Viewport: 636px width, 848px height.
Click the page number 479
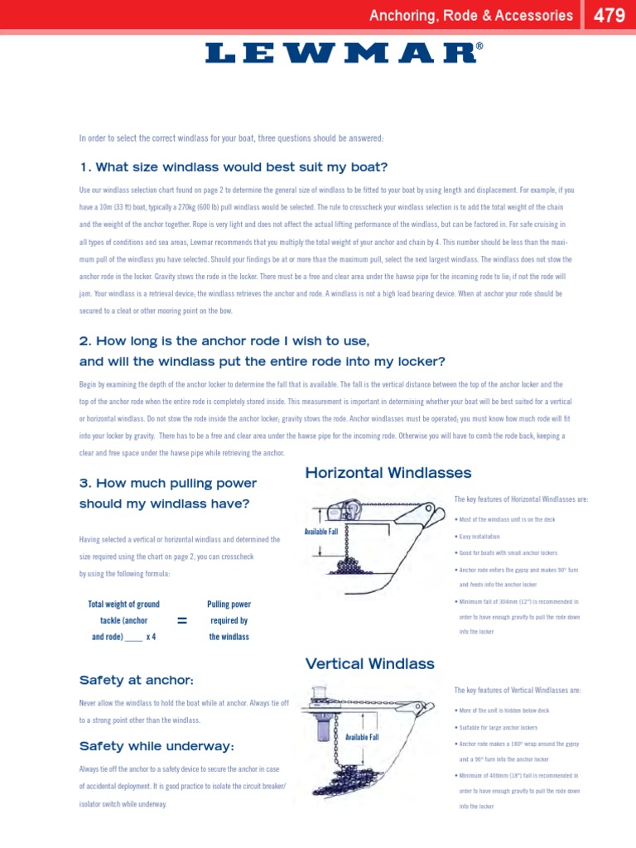[609, 15]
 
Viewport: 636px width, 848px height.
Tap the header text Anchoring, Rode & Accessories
[470, 15]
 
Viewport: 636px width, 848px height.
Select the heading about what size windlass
[234, 167]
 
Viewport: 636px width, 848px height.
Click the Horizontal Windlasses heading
[388, 473]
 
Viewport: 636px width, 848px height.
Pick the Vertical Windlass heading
[369, 663]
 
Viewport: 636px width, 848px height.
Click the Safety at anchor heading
[136, 680]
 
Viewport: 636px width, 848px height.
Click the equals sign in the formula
[182, 621]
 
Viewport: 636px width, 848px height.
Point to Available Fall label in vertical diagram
[362, 737]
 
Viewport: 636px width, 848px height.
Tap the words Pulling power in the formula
[229, 605]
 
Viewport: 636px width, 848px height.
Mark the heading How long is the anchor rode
[224, 341]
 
